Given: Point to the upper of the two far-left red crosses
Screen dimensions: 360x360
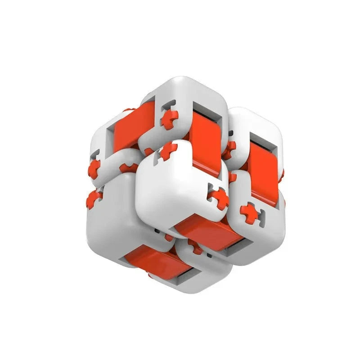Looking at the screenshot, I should click(94, 168).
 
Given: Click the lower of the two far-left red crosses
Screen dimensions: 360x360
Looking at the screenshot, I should click(94, 198).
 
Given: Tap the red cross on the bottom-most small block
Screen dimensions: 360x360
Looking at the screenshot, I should click(195, 246).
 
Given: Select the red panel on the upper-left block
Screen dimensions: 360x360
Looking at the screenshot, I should click(128, 126).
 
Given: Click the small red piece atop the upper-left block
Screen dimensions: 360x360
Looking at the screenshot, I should click(129, 110).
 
